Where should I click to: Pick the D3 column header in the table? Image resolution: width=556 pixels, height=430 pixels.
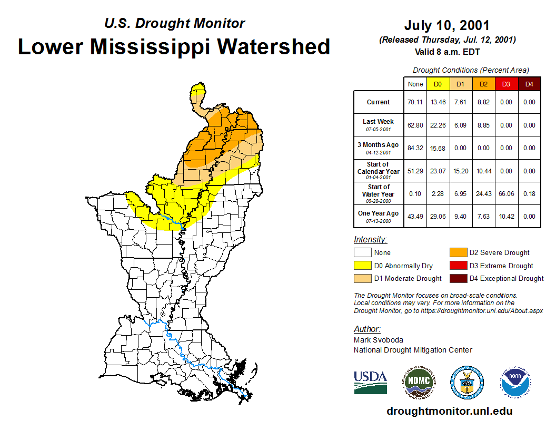tap(506, 84)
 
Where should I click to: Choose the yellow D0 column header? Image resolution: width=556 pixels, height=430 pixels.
tap(438, 84)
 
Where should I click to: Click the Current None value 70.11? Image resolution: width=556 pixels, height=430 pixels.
tap(415, 102)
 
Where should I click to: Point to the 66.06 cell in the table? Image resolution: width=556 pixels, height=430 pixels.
tap(506, 194)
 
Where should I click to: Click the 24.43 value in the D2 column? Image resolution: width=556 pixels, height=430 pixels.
tap(483, 194)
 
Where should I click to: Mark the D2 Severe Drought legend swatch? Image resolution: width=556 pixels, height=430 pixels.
tap(457, 253)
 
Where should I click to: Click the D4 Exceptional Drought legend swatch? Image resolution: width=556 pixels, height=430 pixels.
tap(457, 278)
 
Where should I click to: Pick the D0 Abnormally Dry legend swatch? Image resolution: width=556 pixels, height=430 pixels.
tap(362, 266)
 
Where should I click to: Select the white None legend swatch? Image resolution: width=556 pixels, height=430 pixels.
tap(362, 253)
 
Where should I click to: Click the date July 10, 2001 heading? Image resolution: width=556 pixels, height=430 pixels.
tap(447, 25)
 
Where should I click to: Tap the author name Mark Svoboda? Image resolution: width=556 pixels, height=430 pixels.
tap(378, 340)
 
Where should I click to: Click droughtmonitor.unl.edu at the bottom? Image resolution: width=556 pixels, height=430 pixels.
tap(449, 411)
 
